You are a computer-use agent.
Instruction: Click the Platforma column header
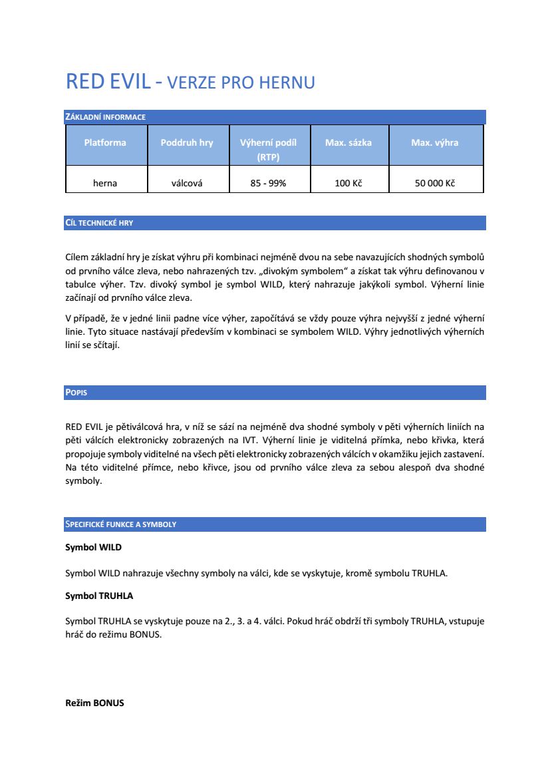(x=105, y=142)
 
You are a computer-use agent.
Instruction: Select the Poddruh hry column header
(x=187, y=142)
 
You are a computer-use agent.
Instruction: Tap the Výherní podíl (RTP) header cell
(x=268, y=150)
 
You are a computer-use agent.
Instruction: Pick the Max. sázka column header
(x=348, y=142)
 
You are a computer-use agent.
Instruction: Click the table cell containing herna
(x=105, y=183)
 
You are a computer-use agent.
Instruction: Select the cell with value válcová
(x=187, y=183)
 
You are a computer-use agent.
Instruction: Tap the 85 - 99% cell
(x=268, y=183)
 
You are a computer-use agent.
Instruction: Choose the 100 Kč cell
(x=348, y=183)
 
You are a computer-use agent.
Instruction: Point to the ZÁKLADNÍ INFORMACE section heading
(x=105, y=117)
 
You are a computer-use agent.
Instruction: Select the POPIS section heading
(x=76, y=393)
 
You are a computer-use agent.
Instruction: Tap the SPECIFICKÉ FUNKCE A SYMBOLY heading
(x=120, y=524)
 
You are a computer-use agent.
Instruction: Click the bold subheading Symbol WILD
(x=94, y=547)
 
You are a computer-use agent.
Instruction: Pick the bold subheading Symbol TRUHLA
(x=99, y=596)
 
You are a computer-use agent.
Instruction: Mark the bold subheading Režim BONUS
(x=94, y=703)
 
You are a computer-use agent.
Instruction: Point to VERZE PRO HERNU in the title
(x=240, y=83)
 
